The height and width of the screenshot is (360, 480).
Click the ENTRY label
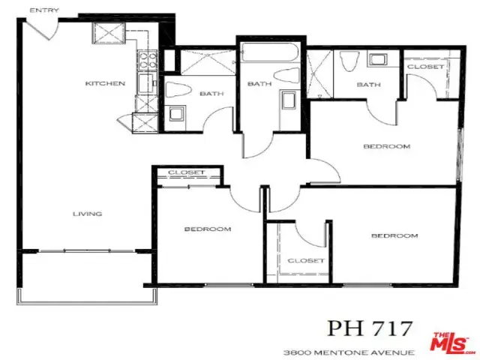coord(44,10)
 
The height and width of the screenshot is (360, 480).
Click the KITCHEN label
coord(105,83)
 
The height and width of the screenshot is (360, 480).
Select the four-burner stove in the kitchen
coord(148,60)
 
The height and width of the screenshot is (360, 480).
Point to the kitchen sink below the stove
coord(147,82)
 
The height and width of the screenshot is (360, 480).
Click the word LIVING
coord(87,214)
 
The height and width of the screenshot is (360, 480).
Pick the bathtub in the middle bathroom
coord(269,52)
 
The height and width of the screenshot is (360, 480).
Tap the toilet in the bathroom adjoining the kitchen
coord(178,90)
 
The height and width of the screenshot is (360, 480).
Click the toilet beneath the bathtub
coord(286,75)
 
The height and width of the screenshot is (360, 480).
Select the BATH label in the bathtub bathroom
coord(259,83)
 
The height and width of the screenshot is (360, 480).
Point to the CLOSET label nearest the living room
coord(186,172)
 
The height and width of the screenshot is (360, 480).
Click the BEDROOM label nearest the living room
coord(208,229)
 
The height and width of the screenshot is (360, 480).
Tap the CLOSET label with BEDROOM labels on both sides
coord(306,260)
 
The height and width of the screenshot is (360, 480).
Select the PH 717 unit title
coord(370,328)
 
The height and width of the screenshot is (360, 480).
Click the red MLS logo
coord(450,342)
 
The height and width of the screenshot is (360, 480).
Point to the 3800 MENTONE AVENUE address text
coord(349,352)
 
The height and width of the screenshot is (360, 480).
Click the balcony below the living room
coord(87,277)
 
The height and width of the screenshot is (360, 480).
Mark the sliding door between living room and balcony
coord(87,251)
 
